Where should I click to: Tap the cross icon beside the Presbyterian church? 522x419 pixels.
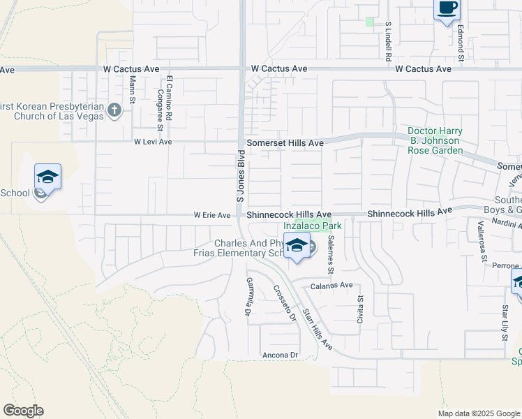click(x=115, y=110)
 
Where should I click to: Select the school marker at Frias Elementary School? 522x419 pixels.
click(x=297, y=247)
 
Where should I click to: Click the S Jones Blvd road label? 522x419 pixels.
click(x=239, y=176)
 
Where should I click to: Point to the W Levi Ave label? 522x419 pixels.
click(x=152, y=142)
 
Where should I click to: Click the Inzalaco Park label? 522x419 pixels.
click(x=312, y=226)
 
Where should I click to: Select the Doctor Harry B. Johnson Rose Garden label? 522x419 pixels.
click(x=435, y=141)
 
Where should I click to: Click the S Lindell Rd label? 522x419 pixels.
click(x=389, y=41)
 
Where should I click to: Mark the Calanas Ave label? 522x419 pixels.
click(x=332, y=285)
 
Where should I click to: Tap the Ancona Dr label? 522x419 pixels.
click(x=281, y=355)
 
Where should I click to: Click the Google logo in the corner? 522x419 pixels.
click(x=23, y=411)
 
